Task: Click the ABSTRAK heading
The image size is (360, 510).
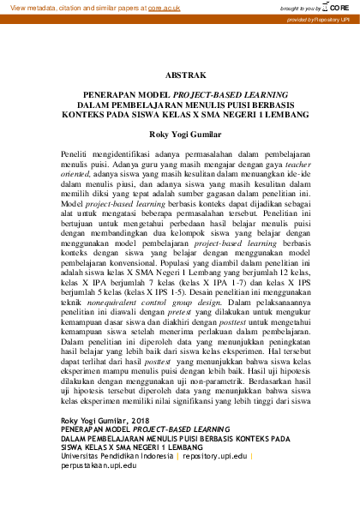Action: pyautogui.click(x=180, y=75)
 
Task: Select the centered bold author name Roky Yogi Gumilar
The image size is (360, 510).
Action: pyautogui.click(x=180, y=134)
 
